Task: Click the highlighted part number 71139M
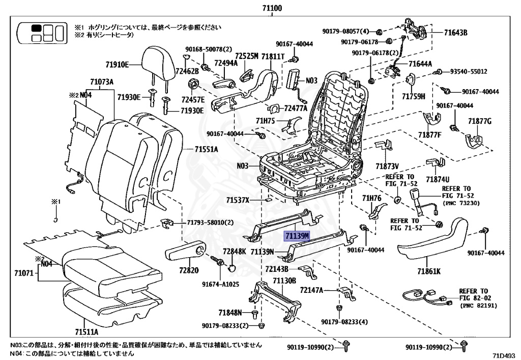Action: (298, 236)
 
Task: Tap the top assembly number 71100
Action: (273, 8)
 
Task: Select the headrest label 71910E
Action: (118, 65)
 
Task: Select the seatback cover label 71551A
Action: (206, 149)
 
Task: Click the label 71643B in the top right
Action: (455, 33)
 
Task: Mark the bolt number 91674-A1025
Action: (220, 284)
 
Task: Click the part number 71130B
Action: (284, 281)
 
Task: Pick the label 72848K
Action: (234, 252)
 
